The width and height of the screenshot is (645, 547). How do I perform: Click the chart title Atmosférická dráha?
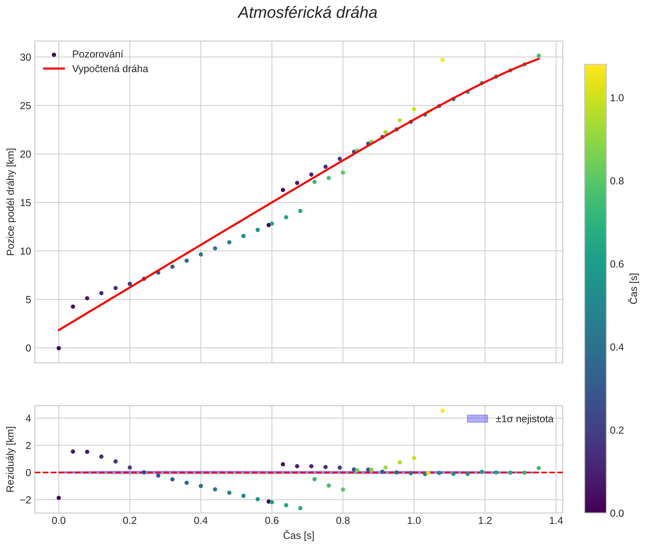coord(307,13)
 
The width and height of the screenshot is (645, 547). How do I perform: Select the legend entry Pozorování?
coord(97,54)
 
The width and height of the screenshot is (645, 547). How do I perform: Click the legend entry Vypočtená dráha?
coord(110,69)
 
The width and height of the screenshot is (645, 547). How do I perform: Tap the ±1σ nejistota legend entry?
coord(524,419)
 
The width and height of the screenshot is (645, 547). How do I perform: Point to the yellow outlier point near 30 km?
coord(442,60)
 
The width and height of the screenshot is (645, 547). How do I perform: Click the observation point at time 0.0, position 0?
coord(59,348)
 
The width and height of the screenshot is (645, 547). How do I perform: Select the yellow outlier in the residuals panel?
coord(442,411)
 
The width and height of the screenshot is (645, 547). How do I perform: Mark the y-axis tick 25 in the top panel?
coord(26,106)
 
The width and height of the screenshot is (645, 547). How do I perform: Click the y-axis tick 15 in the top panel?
coord(26,203)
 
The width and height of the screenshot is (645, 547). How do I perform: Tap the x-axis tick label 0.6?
coord(272,521)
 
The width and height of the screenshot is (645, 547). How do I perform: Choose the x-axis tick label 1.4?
coord(556,521)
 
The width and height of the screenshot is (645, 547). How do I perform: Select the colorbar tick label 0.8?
coord(617,181)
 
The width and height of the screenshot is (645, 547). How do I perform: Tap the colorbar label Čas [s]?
coord(635,288)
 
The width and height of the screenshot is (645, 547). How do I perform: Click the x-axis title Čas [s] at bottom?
coord(299,536)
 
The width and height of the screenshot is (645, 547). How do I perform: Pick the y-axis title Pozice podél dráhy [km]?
coord(11,202)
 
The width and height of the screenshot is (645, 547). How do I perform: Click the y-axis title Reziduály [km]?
coord(11,459)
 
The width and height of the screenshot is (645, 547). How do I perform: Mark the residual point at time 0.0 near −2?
coord(59,498)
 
